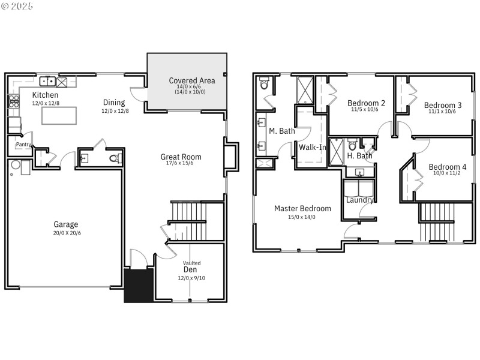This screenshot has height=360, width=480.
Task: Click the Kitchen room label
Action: click(x=45, y=95)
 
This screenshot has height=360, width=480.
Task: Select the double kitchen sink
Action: click(x=48, y=81)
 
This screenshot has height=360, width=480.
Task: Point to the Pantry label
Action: click(x=23, y=145)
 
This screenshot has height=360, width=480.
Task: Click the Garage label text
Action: click(x=65, y=224)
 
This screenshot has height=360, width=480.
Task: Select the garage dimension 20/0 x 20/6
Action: click(x=65, y=233)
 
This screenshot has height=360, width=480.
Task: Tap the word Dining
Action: click(x=114, y=102)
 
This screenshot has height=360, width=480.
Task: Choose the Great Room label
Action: click(x=181, y=157)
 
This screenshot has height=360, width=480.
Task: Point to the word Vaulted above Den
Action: click(x=191, y=263)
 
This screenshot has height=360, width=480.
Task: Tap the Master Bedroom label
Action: click(x=302, y=209)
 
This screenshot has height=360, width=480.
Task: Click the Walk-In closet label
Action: click(x=312, y=147)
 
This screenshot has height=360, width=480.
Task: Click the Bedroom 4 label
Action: click(x=446, y=167)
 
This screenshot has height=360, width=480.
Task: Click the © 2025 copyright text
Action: click(x=17, y=6)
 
